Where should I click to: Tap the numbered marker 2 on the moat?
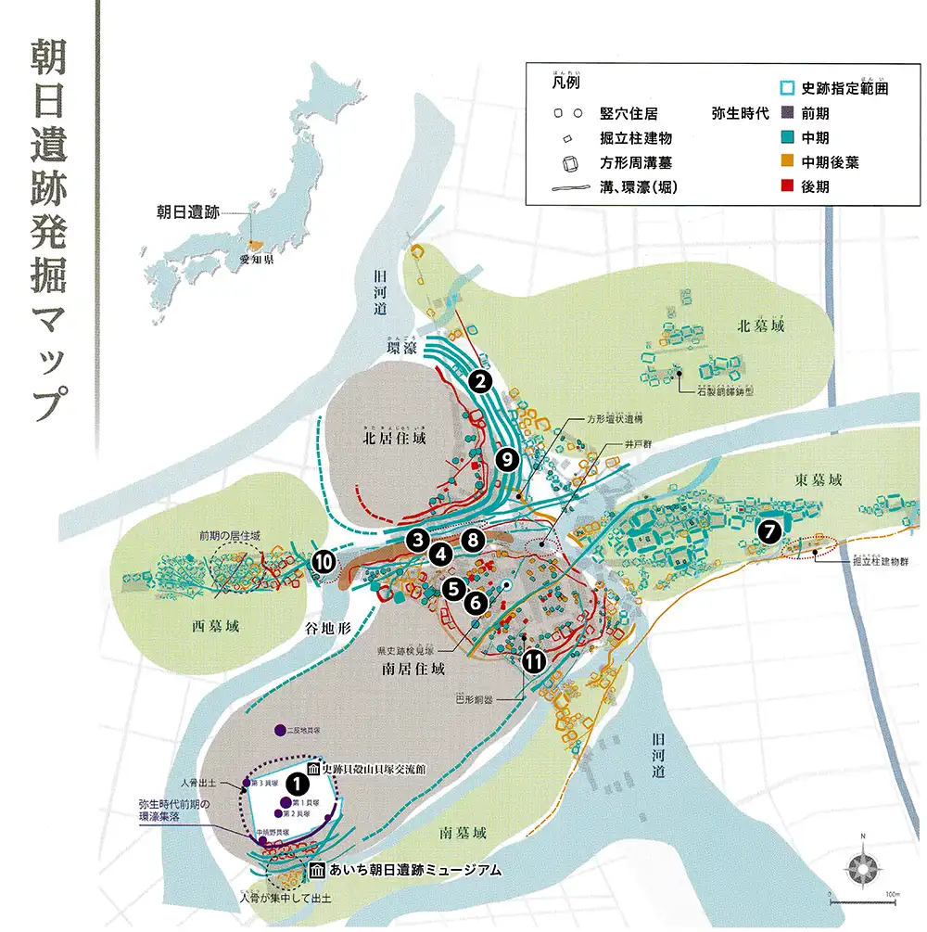(478, 379)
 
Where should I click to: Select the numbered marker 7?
(768, 531)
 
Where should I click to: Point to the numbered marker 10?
(324, 561)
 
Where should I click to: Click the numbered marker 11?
(533, 662)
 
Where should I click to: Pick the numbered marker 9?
(505, 458)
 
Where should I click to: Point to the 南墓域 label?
(463, 833)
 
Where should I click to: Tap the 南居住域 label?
(413, 668)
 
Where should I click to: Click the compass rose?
(862, 868)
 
